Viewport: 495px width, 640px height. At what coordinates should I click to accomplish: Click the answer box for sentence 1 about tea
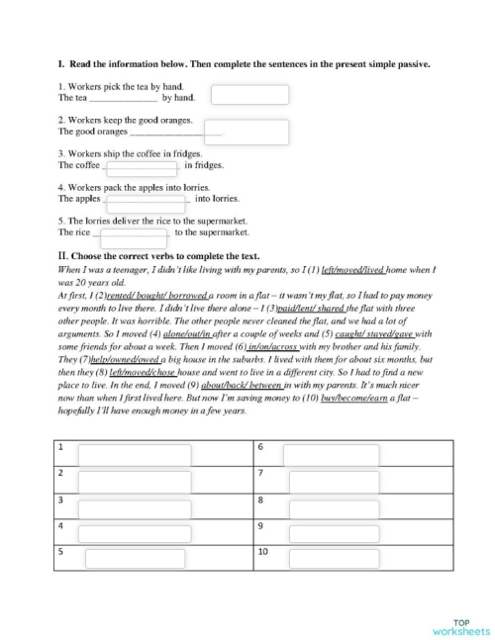[249, 95]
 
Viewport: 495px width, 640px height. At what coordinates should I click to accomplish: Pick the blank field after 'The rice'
[134, 237]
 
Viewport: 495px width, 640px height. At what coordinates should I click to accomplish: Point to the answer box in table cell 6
[331, 454]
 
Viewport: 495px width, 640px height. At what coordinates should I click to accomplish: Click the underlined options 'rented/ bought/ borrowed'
[169, 295]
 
